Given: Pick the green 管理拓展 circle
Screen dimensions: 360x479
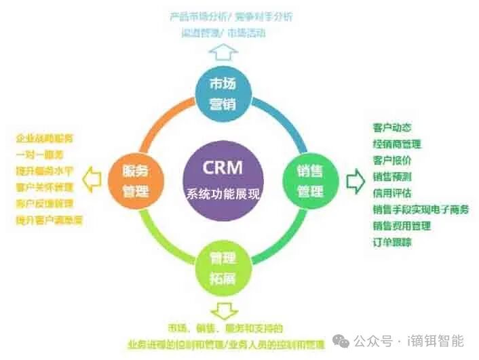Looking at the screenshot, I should coord(222,266).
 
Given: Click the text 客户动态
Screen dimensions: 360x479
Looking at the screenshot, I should coord(392,127).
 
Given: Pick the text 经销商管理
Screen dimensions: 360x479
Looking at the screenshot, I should coord(397,144).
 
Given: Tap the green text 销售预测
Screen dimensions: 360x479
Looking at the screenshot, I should coord(392,176).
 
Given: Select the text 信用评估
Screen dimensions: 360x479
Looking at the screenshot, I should coord(392,193).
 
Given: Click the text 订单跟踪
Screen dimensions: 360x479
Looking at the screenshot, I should coord(392,241).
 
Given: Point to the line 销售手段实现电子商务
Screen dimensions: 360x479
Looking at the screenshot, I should coord(421,209).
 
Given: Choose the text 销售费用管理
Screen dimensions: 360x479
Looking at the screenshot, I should coord(402,225).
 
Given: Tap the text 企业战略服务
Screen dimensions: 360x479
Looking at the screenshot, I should coord(45,139).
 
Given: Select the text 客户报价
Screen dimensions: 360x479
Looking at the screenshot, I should coord(392,160).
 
